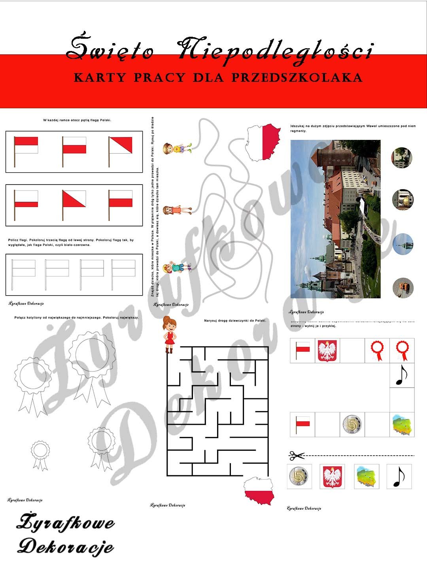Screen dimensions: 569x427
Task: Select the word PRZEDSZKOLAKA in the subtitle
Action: pyautogui.click(x=297, y=77)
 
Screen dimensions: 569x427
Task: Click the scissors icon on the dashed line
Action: pyautogui.click(x=297, y=456)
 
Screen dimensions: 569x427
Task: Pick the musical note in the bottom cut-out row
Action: pyautogui.click(x=399, y=477)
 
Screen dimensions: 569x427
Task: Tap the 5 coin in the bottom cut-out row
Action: pyautogui.click(x=299, y=477)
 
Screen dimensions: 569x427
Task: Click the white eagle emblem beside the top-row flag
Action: pyautogui.click(x=327, y=350)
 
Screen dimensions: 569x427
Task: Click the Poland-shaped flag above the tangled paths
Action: pyautogui.click(x=264, y=141)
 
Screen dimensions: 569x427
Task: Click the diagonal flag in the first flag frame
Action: pyautogui.click(x=120, y=151)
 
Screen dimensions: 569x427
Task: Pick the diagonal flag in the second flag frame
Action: pyautogui.click(x=74, y=204)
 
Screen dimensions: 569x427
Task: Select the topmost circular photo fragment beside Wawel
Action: pyautogui.click(x=402, y=157)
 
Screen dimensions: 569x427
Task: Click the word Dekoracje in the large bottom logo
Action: pyautogui.click(x=65, y=547)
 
